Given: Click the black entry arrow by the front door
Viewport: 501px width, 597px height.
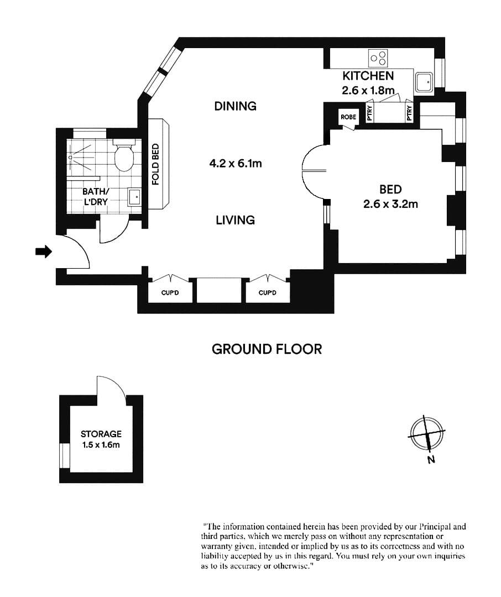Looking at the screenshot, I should coord(43,252).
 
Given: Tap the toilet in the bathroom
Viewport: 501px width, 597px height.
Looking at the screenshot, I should coord(123,156).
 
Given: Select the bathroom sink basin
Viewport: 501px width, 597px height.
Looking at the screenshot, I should coord(134,196).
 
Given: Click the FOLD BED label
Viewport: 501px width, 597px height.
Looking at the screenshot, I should coord(156,165).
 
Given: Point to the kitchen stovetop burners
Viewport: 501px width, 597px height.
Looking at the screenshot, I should coord(378,57).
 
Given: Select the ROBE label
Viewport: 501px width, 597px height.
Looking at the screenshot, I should coord(348,117).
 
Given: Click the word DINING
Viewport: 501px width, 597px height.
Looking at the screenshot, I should coord(236,106).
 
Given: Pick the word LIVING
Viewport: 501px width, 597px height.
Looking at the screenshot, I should coord(236,220).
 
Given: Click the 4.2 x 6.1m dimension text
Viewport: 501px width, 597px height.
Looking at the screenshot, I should coord(235,164).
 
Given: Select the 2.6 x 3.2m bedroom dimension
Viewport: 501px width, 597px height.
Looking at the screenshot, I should coord(390,204).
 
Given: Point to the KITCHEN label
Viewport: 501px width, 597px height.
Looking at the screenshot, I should coord(368,76).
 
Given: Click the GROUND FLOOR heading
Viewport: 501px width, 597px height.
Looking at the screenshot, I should coord(267,349).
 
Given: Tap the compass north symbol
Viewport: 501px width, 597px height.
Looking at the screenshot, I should coord(426,433).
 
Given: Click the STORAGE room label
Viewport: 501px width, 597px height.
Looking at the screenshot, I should coord(101,434).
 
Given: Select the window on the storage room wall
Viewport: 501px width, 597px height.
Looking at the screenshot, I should coord(65,455).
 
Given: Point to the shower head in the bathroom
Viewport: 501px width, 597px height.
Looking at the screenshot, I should coord(71,157).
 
